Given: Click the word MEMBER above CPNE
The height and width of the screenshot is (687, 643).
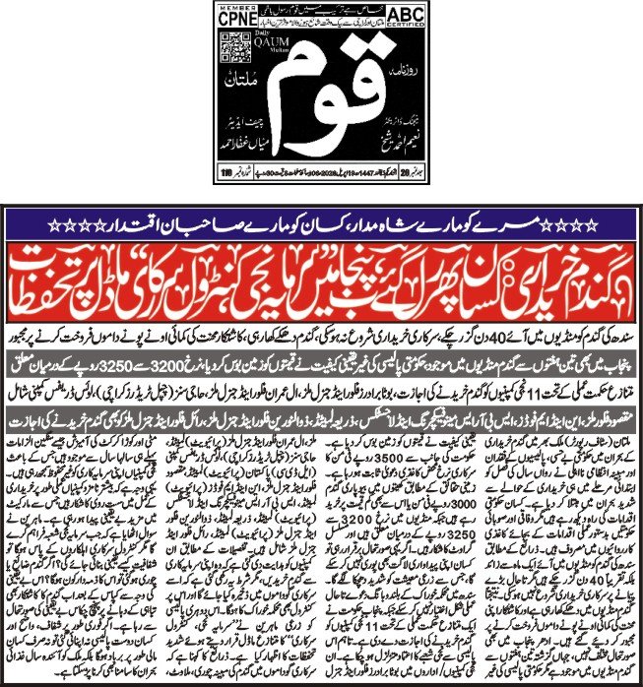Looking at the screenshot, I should pyautogui.click(x=231, y=7).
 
